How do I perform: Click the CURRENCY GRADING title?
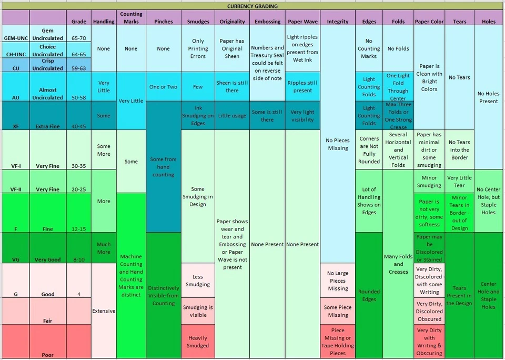(x=252, y=6)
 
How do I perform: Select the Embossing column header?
(x=267, y=22)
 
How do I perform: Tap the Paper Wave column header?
(x=302, y=22)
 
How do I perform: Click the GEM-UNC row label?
(x=15, y=38)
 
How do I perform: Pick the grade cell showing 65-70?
(x=78, y=38)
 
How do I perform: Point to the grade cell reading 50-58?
(x=78, y=97)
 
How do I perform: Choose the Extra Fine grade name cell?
(x=47, y=126)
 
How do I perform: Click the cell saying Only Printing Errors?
(x=198, y=48)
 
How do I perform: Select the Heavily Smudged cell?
(x=198, y=342)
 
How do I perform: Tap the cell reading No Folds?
(x=398, y=48)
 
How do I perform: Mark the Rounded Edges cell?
(x=369, y=295)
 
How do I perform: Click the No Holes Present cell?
(x=488, y=97)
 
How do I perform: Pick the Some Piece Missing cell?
(x=338, y=311)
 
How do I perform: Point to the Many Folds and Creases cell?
(x=398, y=264)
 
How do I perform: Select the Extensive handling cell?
(x=104, y=311)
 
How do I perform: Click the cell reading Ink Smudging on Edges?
(x=198, y=116)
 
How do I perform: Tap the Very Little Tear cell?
(x=459, y=181)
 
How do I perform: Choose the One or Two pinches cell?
(x=163, y=87)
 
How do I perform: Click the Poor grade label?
(x=47, y=355)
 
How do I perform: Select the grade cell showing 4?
(x=78, y=294)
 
